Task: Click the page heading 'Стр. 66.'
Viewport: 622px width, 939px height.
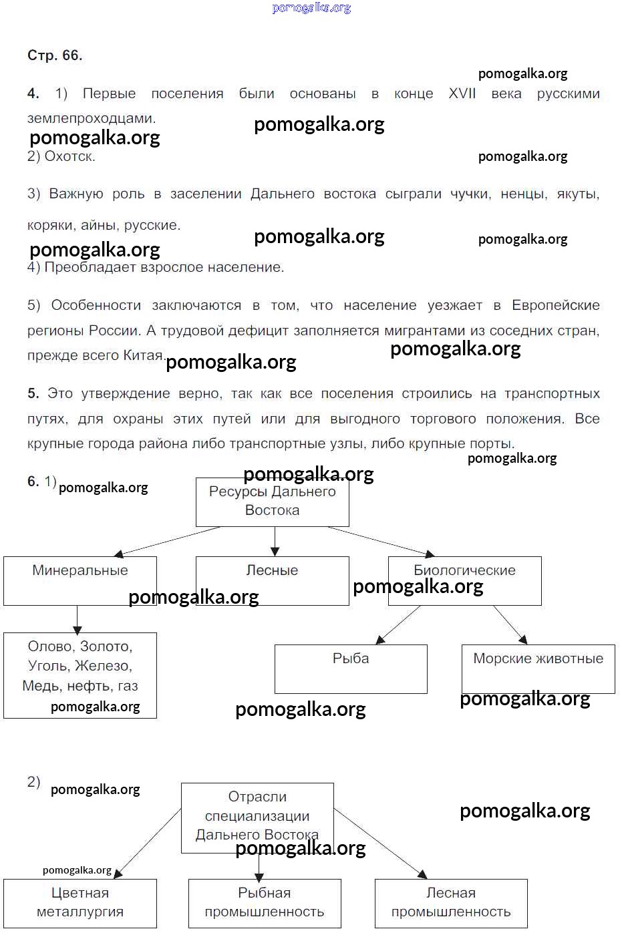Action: click(x=55, y=55)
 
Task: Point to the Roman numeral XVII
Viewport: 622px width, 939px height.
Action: click(x=462, y=93)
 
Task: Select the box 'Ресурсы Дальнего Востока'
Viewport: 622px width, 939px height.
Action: click(x=272, y=502)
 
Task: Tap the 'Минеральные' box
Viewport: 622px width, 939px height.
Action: click(x=80, y=580)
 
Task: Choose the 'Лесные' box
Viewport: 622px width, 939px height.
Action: click(x=272, y=580)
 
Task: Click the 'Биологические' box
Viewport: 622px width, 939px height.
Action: click(x=464, y=580)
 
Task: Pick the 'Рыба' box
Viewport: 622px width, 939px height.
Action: click(x=351, y=668)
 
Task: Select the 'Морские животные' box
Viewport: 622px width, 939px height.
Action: click(x=538, y=668)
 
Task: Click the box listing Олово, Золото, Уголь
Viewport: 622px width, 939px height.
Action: click(x=80, y=675)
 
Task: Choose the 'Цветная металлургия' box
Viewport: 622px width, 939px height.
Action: click(x=80, y=903)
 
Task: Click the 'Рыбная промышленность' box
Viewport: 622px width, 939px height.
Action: click(x=265, y=903)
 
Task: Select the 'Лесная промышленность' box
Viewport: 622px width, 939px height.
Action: click(x=451, y=903)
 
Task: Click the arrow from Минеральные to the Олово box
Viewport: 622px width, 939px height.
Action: click(x=77, y=619)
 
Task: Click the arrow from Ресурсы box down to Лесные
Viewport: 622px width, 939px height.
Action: click(x=275, y=541)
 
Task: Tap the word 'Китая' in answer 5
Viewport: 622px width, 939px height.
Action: click(x=143, y=355)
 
